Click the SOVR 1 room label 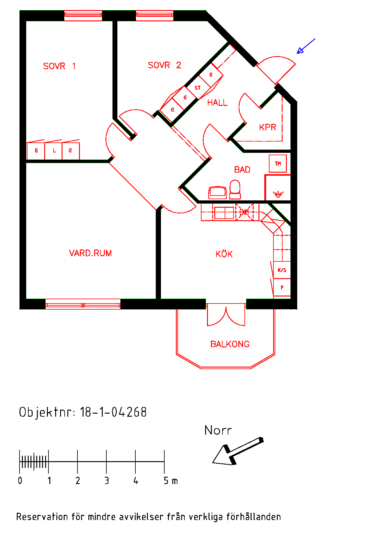point(59,66)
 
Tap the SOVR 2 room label point(165,65)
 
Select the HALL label point(217,103)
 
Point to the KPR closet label point(268,127)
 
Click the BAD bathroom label point(242,170)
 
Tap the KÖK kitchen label point(224,254)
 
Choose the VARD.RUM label point(91,253)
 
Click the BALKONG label point(230,344)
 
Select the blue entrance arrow point(306,46)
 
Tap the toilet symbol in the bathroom point(235,189)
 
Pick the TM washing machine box point(278,164)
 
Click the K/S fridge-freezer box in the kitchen point(282,270)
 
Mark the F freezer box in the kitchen point(282,287)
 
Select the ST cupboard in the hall point(198,88)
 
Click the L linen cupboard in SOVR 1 point(54,151)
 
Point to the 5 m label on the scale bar point(171,481)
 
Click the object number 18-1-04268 point(113,412)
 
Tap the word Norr point(218,430)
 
